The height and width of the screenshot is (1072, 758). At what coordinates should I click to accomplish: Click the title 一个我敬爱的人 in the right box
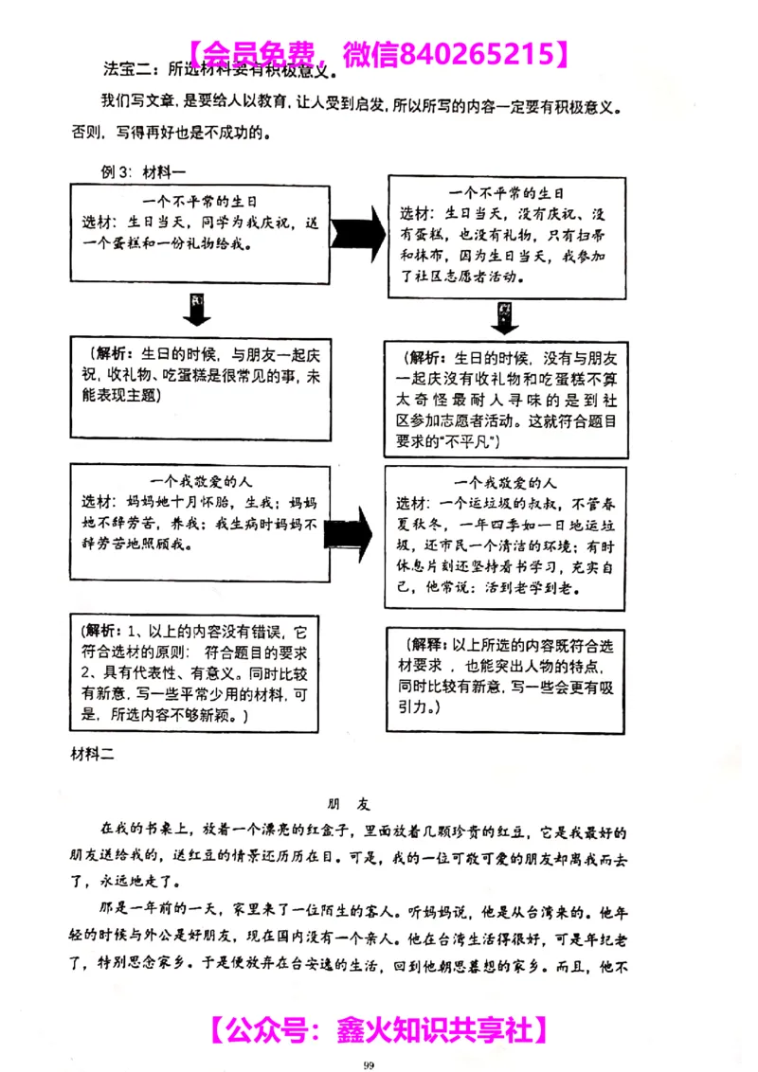(504, 482)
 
